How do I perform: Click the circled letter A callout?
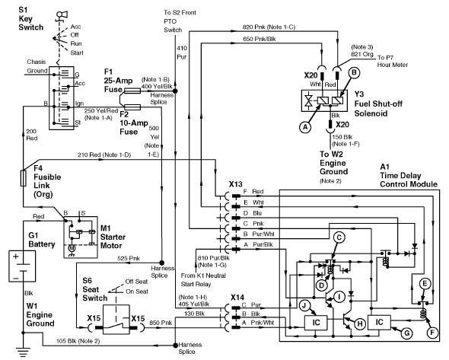pos(305,127)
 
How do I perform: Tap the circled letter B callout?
pos(354,73)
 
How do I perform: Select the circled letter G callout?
pos(406,333)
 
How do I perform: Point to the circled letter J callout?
pos(304,306)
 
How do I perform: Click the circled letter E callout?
pos(425,284)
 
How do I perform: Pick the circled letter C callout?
pos(339,237)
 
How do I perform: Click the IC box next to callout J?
pos(316,323)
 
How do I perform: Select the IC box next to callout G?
pos(379,323)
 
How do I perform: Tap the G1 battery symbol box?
pos(22,266)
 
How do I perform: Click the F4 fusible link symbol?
pos(23,178)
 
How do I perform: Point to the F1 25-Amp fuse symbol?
pos(132,91)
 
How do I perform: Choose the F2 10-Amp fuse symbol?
pos(132,107)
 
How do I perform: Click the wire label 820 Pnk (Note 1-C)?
pos(269,27)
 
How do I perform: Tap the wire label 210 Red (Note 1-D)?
pos(104,155)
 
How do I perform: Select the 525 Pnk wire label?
pos(129,258)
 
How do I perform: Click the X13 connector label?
pos(235,184)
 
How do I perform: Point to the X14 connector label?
pos(237,298)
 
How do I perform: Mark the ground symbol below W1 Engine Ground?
pos(23,351)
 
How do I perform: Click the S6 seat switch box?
pos(116,320)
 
